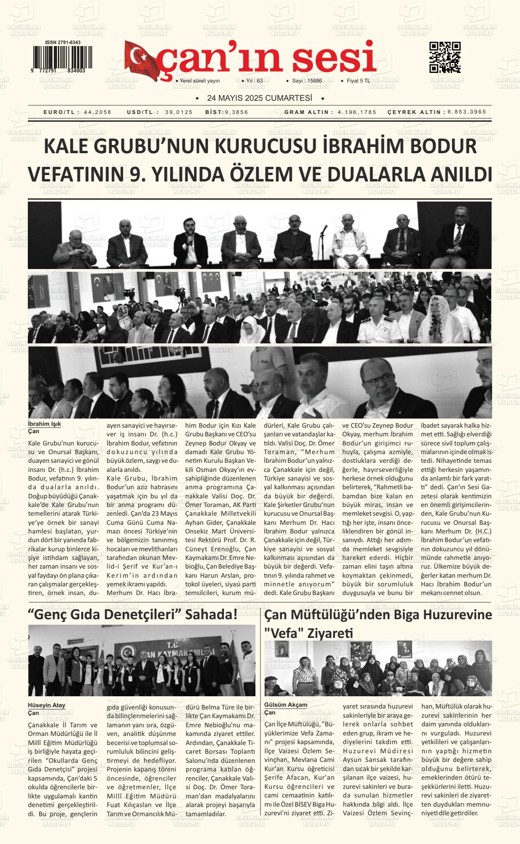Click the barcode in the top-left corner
(59, 57)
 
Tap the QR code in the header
(445, 57)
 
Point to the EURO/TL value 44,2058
(98, 112)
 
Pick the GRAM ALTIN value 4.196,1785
(357, 112)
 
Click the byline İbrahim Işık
(44, 424)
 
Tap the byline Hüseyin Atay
(47, 705)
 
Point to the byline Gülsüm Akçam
(286, 704)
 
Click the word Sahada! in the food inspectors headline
(212, 614)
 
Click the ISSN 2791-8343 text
(63, 42)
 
